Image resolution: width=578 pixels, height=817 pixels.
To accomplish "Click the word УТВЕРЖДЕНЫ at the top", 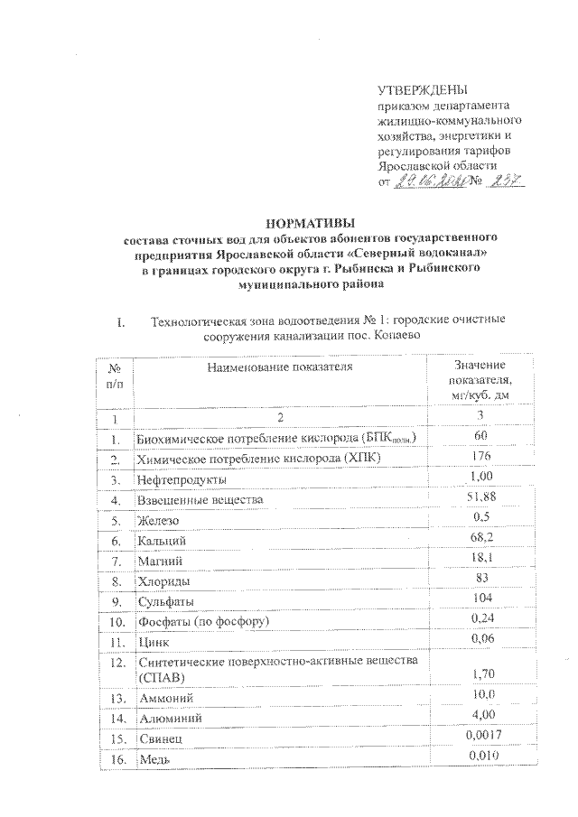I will pos(422,90).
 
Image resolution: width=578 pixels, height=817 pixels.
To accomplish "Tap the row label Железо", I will pos(158,521).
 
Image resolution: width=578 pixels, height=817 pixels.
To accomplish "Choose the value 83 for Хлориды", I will pos(480,578).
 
